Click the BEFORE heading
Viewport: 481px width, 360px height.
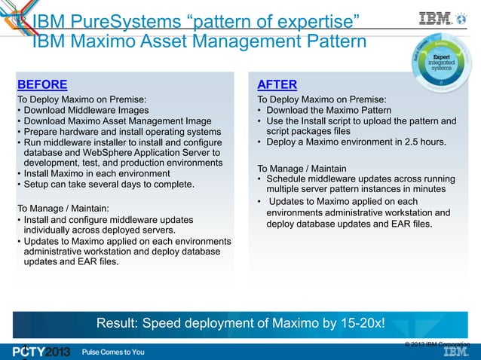pyautogui.click(x=42, y=84)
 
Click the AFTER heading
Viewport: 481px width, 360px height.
pyautogui.click(x=277, y=84)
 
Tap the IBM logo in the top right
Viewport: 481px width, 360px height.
pyautogui.click(x=436, y=17)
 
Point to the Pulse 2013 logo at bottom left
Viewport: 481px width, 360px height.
pyautogui.click(x=41, y=352)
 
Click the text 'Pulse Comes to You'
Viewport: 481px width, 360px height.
pyautogui.click(x=113, y=352)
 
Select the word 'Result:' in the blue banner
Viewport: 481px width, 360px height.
pyautogui.click(x=118, y=324)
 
